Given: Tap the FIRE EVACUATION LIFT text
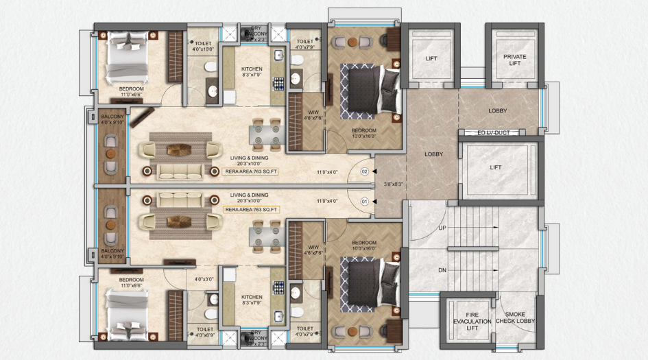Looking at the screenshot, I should point(471,321).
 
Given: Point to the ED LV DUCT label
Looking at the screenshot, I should point(496,132).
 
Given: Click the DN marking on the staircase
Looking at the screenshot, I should point(442,270).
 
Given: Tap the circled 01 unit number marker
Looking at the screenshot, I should point(365,202).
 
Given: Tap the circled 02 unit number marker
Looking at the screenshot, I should point(365,171).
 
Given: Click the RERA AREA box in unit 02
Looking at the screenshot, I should point(251,171).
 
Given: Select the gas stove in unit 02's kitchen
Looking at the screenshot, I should point(279,83).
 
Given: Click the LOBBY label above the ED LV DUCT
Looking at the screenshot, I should point(497,111).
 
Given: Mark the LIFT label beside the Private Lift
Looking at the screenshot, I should point(431,59).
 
